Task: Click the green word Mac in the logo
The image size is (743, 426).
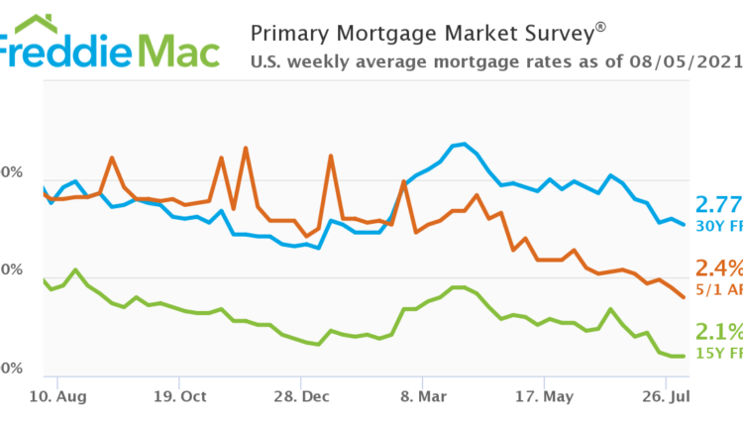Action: (178, 51)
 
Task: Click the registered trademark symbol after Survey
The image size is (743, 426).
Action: (600, 26)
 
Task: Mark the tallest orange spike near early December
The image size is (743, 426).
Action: (245, 148)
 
